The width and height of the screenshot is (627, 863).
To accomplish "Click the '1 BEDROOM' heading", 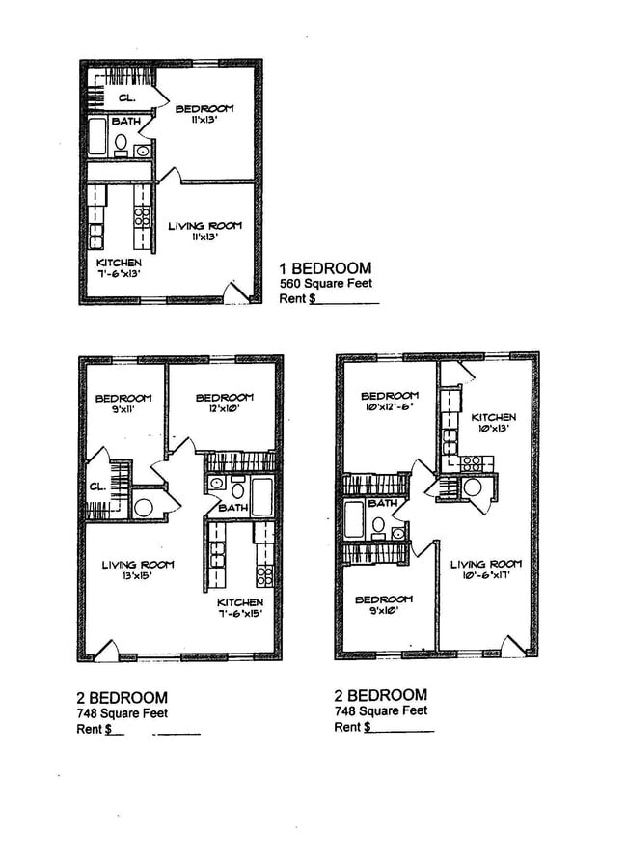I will tap(325, 267).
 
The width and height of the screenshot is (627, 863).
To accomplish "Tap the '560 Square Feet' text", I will tap(325, 284).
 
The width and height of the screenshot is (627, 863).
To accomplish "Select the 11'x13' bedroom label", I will tap(204, 115).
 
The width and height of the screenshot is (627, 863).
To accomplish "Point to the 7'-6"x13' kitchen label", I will tap(119, 269).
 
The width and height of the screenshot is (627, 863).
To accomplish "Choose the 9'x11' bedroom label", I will tap(123, 404).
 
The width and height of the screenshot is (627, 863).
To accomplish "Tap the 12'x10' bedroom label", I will tap(224, 403).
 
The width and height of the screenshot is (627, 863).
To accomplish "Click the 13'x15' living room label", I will tap(138, 571).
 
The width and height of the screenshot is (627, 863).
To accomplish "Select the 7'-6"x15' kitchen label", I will tap(240, 608).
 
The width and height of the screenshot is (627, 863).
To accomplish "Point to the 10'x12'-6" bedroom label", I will tap(390, 402).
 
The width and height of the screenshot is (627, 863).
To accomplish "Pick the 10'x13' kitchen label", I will tap(493, 423).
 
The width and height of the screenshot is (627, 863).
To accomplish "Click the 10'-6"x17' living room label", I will tap(485, 571).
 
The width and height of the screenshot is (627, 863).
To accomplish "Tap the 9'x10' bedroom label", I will tap(384, 605).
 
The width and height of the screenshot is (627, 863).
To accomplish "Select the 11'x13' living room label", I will tap(204, 232).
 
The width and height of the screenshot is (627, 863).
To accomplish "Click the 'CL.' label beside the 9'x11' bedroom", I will tap(97, 487).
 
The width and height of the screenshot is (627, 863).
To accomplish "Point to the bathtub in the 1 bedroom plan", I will tap(97, 137).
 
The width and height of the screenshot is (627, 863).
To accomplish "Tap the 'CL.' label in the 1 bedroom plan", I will tap(126, 97).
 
